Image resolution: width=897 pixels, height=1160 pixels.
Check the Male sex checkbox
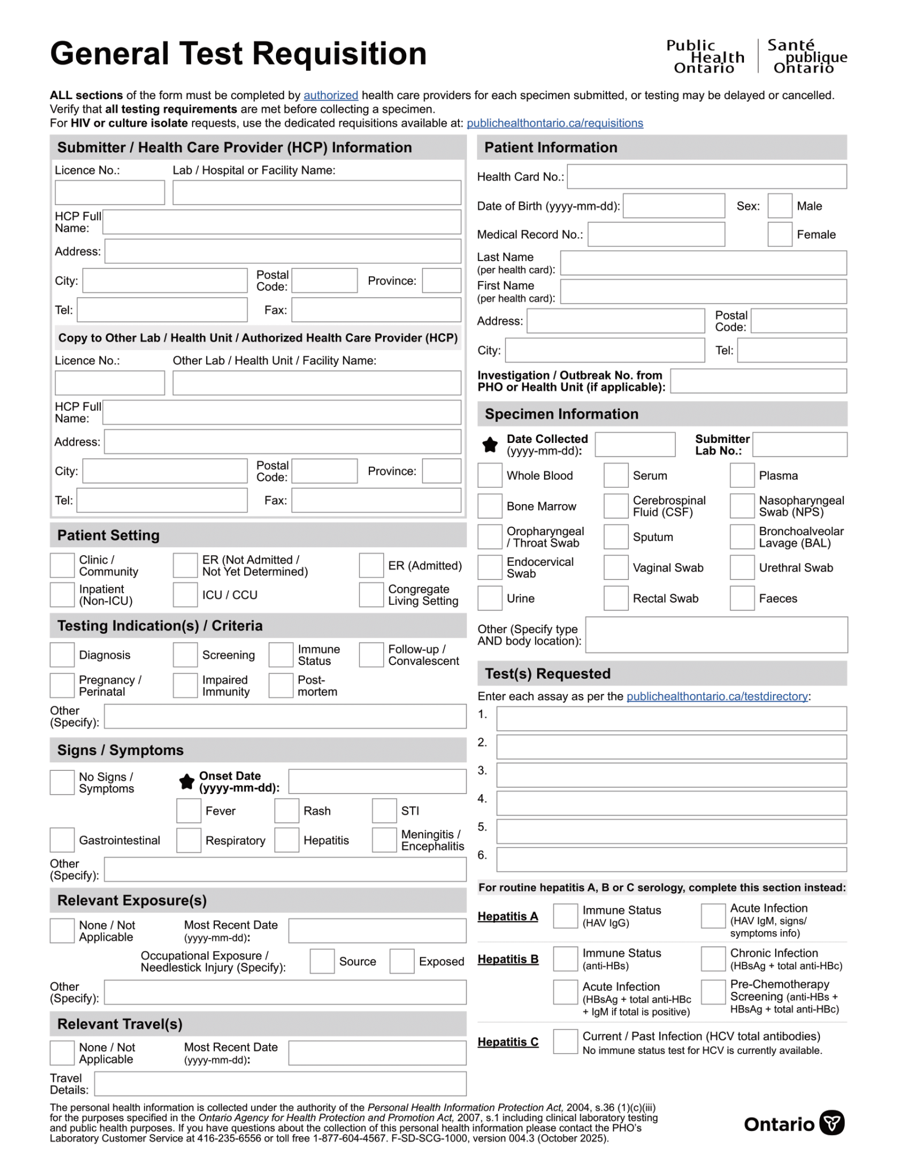click(x=779, y=206)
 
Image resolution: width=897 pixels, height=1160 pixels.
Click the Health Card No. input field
click(x=706, y=177)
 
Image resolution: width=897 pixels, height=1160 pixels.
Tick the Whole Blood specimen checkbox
click(x=490, y=475)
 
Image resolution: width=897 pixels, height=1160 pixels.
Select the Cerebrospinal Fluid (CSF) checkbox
click(x=615, y=506)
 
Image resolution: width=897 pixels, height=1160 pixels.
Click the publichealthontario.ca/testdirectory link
click(x=717, y=696)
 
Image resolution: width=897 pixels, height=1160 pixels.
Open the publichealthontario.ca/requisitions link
click(x=554, y=123)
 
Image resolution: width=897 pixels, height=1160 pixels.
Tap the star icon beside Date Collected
click(x=490, y=445)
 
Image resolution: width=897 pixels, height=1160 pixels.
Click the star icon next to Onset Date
click(x=186, y=782)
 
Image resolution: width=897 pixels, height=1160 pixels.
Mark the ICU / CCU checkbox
click(x=185, y=595)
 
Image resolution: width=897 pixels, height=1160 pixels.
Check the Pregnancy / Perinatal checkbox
click(x=62, y=685)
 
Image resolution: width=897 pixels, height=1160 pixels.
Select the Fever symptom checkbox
click(x=188, y=811)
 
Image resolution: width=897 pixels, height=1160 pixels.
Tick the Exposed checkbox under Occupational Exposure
click(x=402, y=961)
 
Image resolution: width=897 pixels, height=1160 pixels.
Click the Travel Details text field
click(x=280, y=1084)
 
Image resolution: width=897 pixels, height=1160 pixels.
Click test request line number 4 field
click(x=671, y=803)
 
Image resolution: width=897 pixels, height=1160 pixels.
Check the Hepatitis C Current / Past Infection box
click(x=565, y=1042)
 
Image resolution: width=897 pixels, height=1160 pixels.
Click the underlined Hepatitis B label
click(x=508, y=959)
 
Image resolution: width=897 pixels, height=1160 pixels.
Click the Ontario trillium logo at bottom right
click(x=831, y=1123)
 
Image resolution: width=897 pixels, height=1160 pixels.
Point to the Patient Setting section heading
click(x=108, y=535)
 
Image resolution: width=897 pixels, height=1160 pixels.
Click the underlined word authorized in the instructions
click(x=330, y=95)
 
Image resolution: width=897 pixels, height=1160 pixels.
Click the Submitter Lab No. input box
click(x=799, y=445)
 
